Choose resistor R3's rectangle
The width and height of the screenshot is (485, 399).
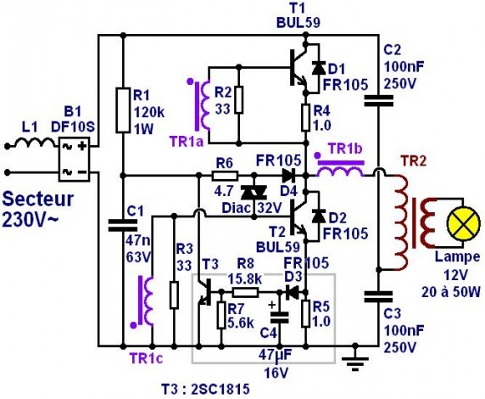(174, 295)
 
